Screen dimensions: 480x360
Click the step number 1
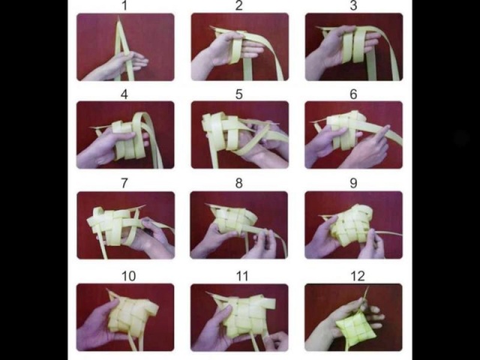point(124,5)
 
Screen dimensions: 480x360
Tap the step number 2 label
point(239,5)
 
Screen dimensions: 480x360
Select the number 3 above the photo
point(353,5)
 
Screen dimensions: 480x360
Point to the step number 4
point(124,94)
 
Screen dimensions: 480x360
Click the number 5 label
point(239,94)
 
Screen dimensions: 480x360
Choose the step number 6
point(353,94)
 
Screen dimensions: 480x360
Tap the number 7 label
point(124,183)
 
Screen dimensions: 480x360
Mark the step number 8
point(239,183)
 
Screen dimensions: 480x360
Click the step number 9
point(353,183)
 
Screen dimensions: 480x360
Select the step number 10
point(128,276)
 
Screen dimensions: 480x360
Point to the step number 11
point(242,276)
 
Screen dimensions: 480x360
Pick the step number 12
point(358,276)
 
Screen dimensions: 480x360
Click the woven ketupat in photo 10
point(132,315)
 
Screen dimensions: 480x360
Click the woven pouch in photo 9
point(352,225)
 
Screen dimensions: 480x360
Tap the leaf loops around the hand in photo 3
point(354,45)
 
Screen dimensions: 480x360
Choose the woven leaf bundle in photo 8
point(233,220)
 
